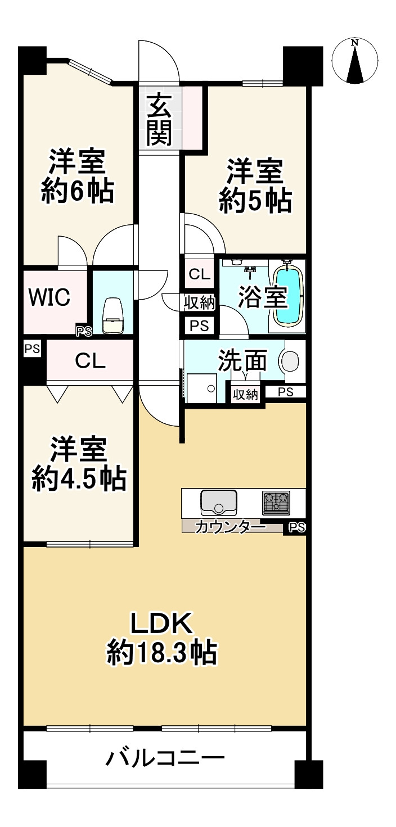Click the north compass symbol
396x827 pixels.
pos(355,61)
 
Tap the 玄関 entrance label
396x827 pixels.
pos(160,119)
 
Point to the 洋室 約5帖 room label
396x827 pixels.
pos(255,187)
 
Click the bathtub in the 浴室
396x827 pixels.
pos(288,296)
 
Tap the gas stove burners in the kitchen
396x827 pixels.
pos(276,502)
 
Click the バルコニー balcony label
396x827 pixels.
pos(166,761)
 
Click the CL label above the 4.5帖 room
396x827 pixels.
pos(90,361)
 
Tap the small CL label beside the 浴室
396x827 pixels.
pos(199,275)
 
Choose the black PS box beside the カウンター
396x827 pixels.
pos(296,527)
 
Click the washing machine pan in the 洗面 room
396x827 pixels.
pos(201,388)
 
